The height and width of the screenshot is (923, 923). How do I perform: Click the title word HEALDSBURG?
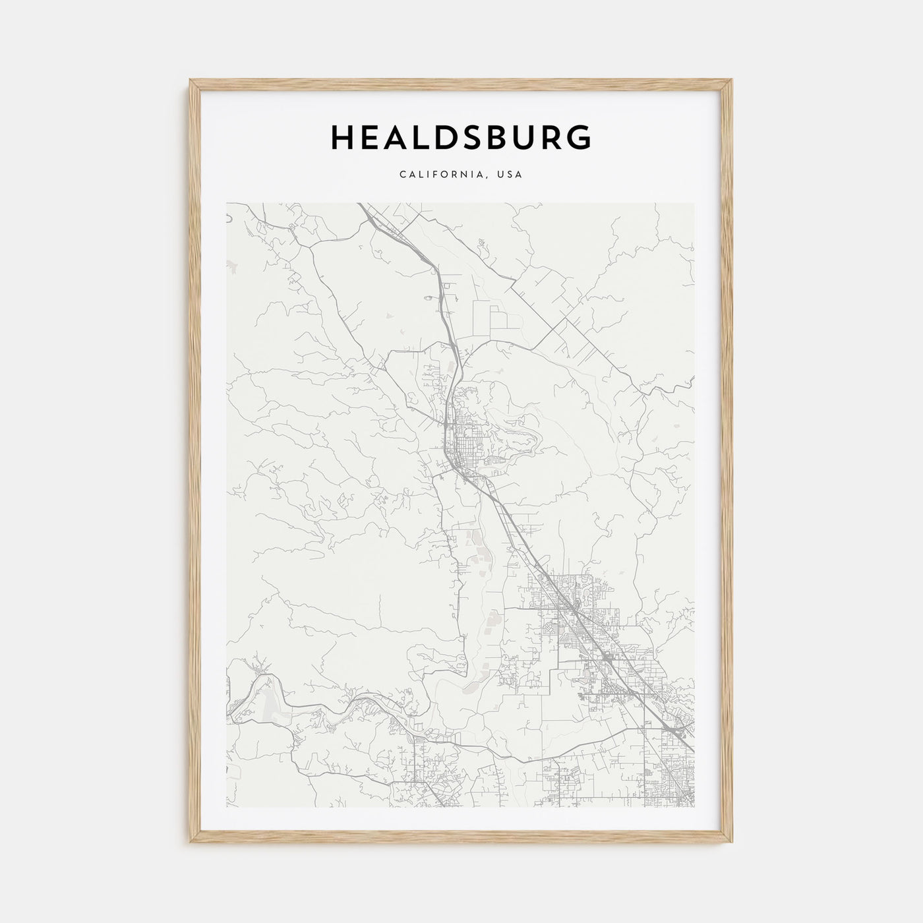click(x=461, y=137)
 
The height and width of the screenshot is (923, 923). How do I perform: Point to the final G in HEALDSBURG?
click(x=578, y=137)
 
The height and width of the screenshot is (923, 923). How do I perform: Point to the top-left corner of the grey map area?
click(x=226, y=203)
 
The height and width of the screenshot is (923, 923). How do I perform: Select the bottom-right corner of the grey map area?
click(x=694, y=807)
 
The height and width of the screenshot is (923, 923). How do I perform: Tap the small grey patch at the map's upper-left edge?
click(x=231, y=266)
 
